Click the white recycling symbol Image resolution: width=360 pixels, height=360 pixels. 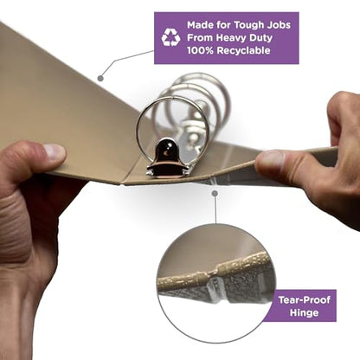(170, 37)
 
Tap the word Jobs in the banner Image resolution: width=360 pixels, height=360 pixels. (279, 25)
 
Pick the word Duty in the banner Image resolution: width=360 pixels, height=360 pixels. (261, 38)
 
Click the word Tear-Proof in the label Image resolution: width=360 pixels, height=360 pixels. (305, 300)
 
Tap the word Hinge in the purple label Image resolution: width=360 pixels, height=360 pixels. (305, 312)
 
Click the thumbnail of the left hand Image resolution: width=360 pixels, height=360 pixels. (54, 151)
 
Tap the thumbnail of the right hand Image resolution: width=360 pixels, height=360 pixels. (270, 158)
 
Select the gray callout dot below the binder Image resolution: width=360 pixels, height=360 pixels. (215, 193)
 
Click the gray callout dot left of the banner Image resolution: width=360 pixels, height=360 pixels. (100, 78)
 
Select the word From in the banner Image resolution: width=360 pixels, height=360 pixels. (200, 38)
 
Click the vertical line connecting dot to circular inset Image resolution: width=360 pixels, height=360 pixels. (215, 209)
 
